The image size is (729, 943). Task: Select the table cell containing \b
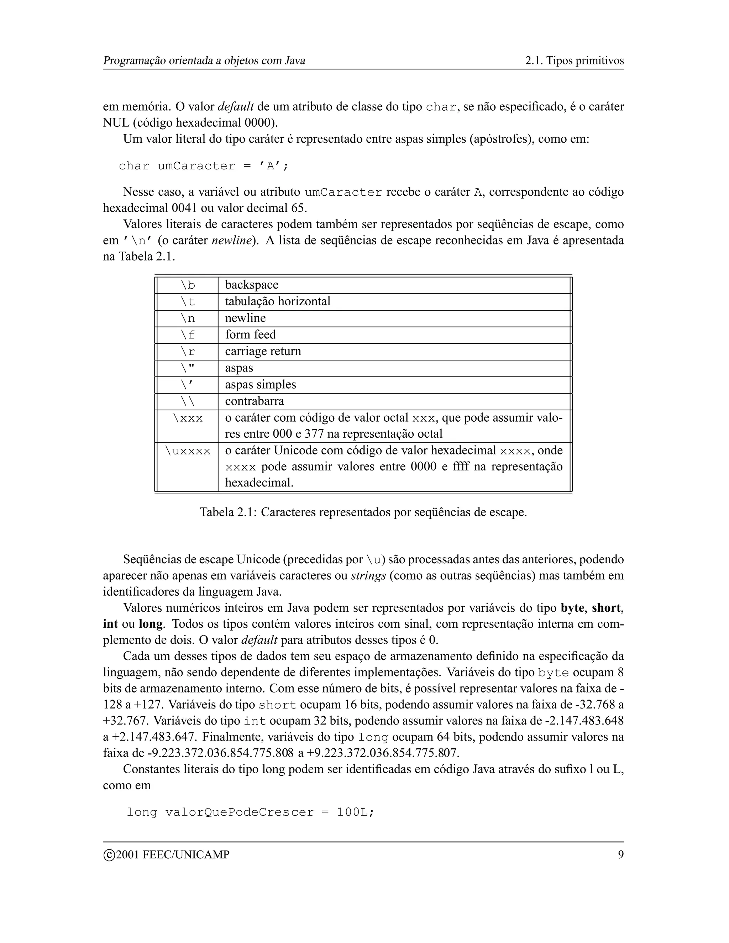(188, 285)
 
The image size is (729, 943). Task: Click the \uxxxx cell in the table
(188, 451)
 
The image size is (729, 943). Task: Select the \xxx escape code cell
(188, 418)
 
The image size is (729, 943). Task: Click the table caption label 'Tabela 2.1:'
(228, 512)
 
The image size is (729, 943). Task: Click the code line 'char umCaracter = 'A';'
(203, 166)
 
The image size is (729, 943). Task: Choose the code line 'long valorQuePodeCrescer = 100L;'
(251, 812)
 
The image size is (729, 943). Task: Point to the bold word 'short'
(606, 609)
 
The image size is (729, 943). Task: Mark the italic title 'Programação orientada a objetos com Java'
(204, 60)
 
